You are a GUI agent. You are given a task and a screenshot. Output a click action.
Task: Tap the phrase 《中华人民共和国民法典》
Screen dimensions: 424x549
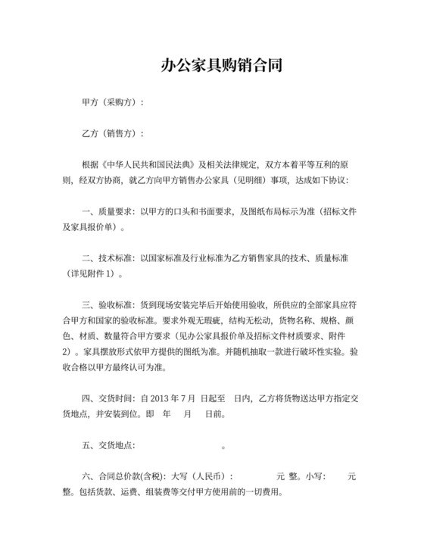(x=149, y=164)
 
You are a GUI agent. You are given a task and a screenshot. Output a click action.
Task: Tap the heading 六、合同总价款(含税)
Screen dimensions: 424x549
(x=122, y=477)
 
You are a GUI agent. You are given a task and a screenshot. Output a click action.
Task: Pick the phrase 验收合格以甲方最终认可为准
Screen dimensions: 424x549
(x=113, y=368)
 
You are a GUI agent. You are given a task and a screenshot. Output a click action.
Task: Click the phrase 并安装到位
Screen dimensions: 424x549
(x=118, y=415)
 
